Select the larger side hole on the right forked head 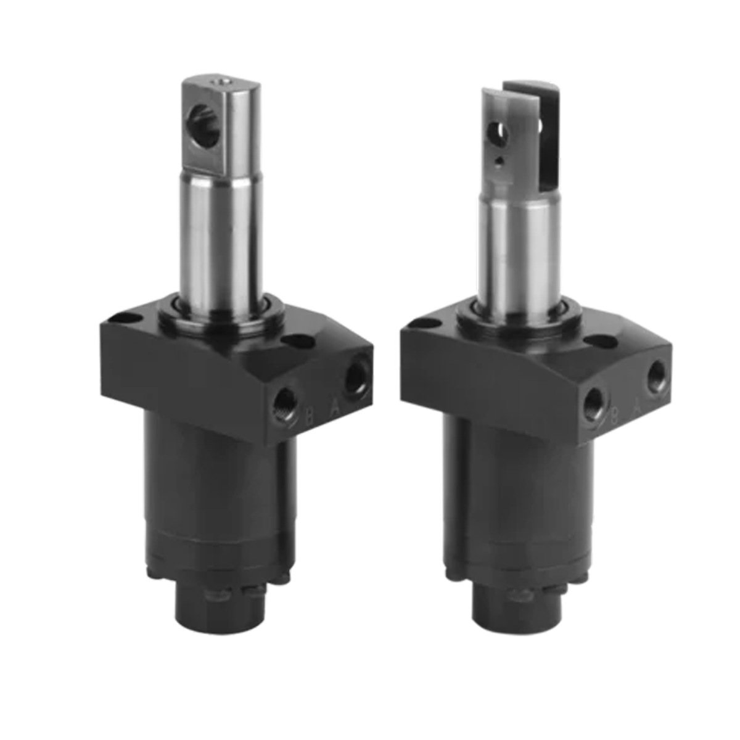[497, 131]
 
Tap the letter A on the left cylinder [334, 407]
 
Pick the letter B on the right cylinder [614, 416]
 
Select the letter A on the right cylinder [638, 406]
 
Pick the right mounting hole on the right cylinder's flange [597, 340]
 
